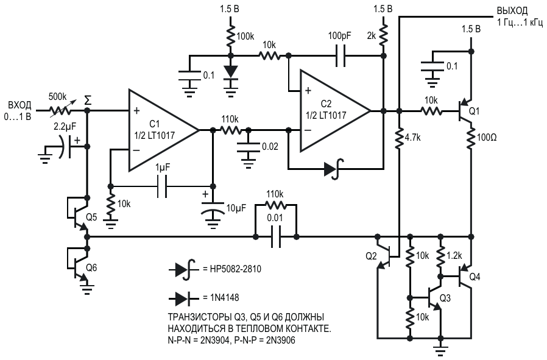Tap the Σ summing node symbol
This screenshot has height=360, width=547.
88,101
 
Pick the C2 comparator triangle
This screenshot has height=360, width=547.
335,111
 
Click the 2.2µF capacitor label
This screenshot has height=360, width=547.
66,127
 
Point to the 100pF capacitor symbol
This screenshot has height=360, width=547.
341,56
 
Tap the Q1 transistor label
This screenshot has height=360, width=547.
474,111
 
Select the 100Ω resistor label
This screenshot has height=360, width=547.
486,138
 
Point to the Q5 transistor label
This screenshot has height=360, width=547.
91,217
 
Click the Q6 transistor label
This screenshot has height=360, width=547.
91,267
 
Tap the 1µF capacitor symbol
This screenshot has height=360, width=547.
162,186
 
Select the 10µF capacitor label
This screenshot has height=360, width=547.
236,208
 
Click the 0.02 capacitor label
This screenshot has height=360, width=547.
270,147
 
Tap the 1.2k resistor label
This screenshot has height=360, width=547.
454,256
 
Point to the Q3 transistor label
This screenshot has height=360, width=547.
445,298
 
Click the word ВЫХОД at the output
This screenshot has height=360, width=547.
512,11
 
